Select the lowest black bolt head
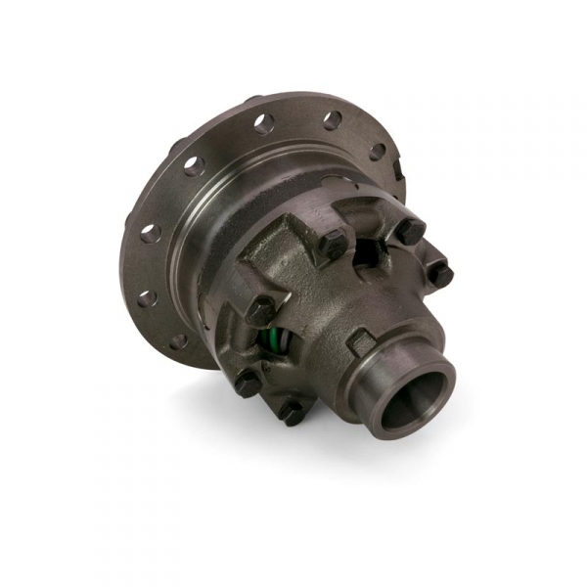point(292,412)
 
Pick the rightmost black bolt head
point(441,276)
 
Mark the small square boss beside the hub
point(359,340)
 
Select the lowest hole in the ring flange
point(178,341)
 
